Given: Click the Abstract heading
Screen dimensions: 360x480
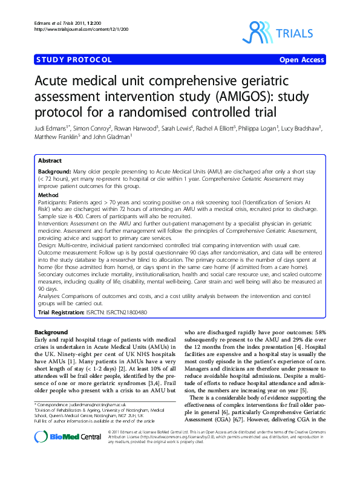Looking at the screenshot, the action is [50, 161].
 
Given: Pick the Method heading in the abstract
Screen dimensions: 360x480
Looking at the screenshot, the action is [48, 195].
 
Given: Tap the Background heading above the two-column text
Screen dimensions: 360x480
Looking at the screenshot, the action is [51, 332].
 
